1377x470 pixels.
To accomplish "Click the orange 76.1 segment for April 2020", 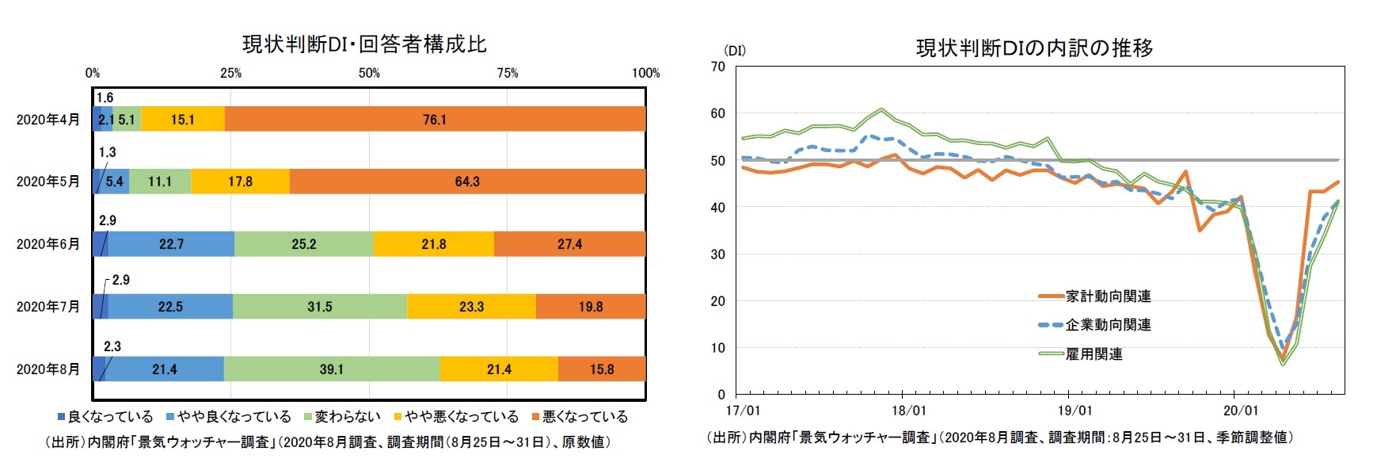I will click(435, 120).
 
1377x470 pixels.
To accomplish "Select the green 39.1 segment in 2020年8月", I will click(332, 369).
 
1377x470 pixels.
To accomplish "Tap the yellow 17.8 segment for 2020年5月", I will click(240, 182).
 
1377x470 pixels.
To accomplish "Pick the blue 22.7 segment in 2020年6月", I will click(171, 244).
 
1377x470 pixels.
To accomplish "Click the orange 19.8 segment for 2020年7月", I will click(591, 307).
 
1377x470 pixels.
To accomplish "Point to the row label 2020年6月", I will click(48, 244).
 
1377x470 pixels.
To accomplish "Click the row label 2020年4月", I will click(48, 120).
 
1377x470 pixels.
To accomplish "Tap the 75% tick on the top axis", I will click(508, 73).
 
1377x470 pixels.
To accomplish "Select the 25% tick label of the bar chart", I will click(230, 73).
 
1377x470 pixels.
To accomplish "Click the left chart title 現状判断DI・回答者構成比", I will click(364, 44).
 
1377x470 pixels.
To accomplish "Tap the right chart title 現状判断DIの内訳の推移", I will click(1034, 48).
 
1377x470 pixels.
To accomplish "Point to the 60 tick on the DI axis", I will click(717, 113).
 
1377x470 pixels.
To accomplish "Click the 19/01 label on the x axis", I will click(1075, 411).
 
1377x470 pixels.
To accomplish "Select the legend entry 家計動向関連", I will click(1108, 296).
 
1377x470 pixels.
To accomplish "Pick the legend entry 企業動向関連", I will click(1108, 325).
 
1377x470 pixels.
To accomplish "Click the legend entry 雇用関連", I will click(1094, 354).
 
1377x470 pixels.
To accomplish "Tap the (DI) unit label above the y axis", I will click(734, 51).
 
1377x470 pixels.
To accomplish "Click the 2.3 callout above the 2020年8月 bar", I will click(112, 346).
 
